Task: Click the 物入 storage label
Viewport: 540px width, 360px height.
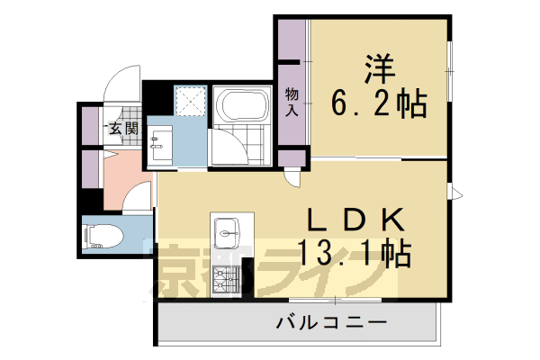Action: tap(292, 100)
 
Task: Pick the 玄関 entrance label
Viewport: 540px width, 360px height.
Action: tap(124, 128)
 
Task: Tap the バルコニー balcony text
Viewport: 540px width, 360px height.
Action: tap(331, 322)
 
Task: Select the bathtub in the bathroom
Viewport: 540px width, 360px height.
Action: tap(242, 107)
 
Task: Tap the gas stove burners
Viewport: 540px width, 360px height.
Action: tap(223, 286)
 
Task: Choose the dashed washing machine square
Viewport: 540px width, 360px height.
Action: tap(190, 101)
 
